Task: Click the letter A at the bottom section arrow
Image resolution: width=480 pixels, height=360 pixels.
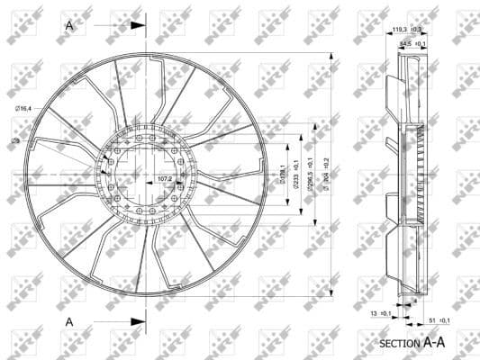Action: [69, 320]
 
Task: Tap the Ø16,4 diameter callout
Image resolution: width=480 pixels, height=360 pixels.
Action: [23, 108]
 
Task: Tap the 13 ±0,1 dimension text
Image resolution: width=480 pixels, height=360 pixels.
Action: [381, 313]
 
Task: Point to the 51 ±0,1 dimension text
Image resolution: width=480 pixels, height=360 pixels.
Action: [439, 319]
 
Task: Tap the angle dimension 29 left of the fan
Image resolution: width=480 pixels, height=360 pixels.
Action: [15, 141]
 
